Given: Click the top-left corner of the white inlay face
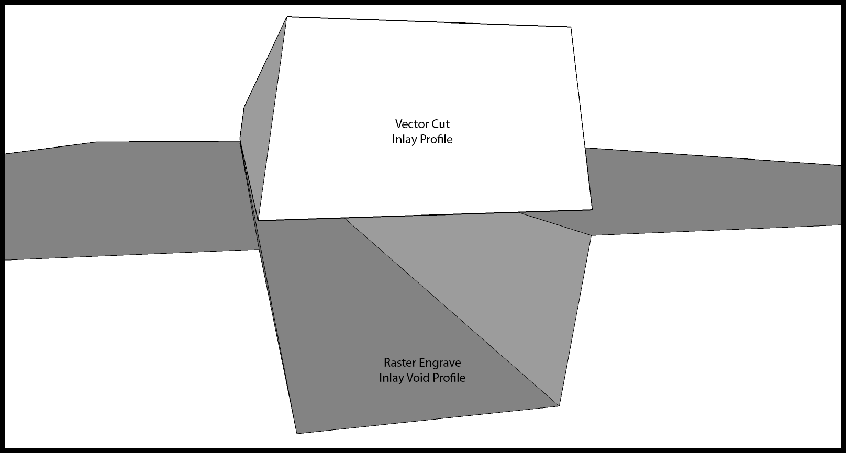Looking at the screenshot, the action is pos(287,17).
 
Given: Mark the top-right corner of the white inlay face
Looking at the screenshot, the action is pos(570,27).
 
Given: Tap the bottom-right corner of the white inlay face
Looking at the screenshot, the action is pos(592,209).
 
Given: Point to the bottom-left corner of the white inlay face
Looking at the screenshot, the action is pos(258,220).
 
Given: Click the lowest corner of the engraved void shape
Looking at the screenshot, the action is pos(297,433).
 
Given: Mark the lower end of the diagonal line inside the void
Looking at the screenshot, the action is pos(559,406).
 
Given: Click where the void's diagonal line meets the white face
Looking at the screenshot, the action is pos(344,218).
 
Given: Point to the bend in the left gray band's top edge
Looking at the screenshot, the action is pos(96,142).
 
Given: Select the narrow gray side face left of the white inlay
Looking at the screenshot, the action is pos(261,121).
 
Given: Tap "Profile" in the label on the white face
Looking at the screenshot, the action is pos(436,139).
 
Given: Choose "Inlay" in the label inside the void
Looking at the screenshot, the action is pos(391,378).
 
